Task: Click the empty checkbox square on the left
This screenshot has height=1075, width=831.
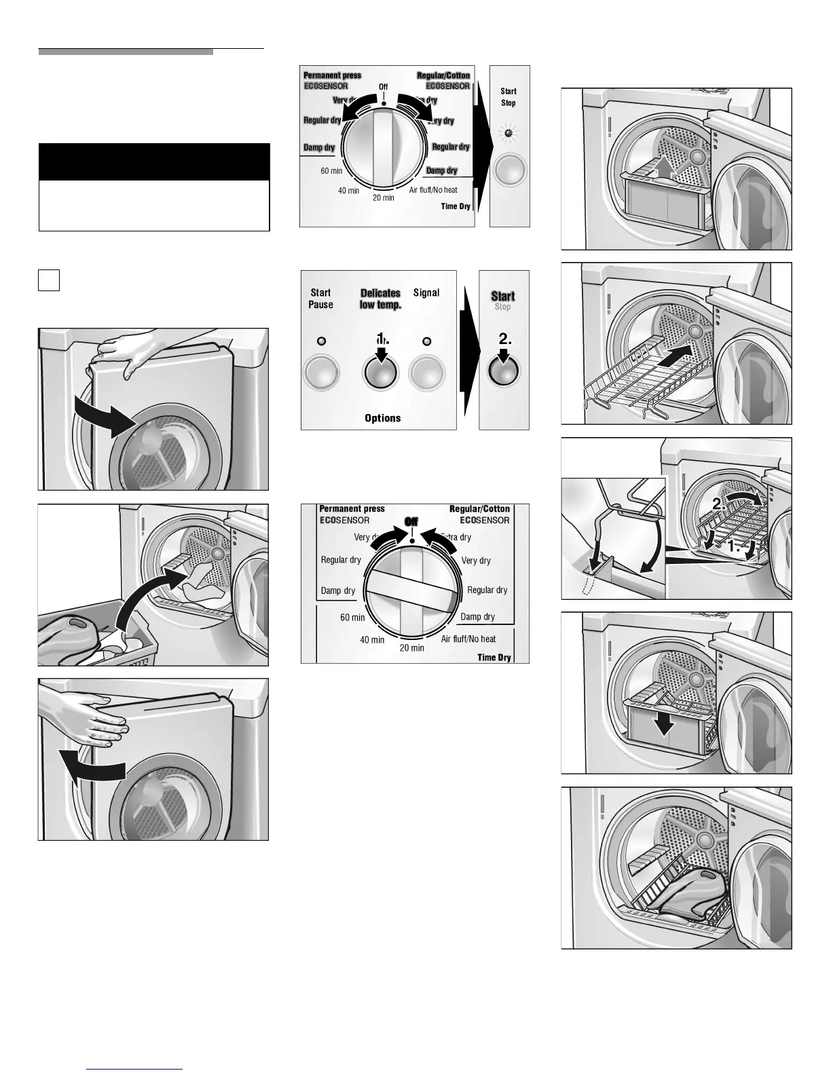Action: coord(49,280)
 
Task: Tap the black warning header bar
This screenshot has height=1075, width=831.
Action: coord(154,162)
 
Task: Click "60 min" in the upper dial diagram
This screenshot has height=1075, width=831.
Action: coord(331,171)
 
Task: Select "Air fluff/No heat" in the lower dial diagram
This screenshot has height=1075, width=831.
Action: coord(468,639)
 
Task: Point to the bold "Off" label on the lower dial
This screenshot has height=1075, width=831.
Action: coord(411,521)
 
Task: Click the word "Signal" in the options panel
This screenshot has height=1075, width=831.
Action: coord(426,293)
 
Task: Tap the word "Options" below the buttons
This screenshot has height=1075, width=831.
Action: coord(383,418)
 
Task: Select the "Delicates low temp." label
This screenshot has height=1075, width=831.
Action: coord(380,299)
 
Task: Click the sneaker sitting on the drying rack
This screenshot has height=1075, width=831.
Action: coord(686,895)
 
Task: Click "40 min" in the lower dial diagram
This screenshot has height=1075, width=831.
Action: coord(372,640)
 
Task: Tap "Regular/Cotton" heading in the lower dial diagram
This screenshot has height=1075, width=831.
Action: coord(479,509)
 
